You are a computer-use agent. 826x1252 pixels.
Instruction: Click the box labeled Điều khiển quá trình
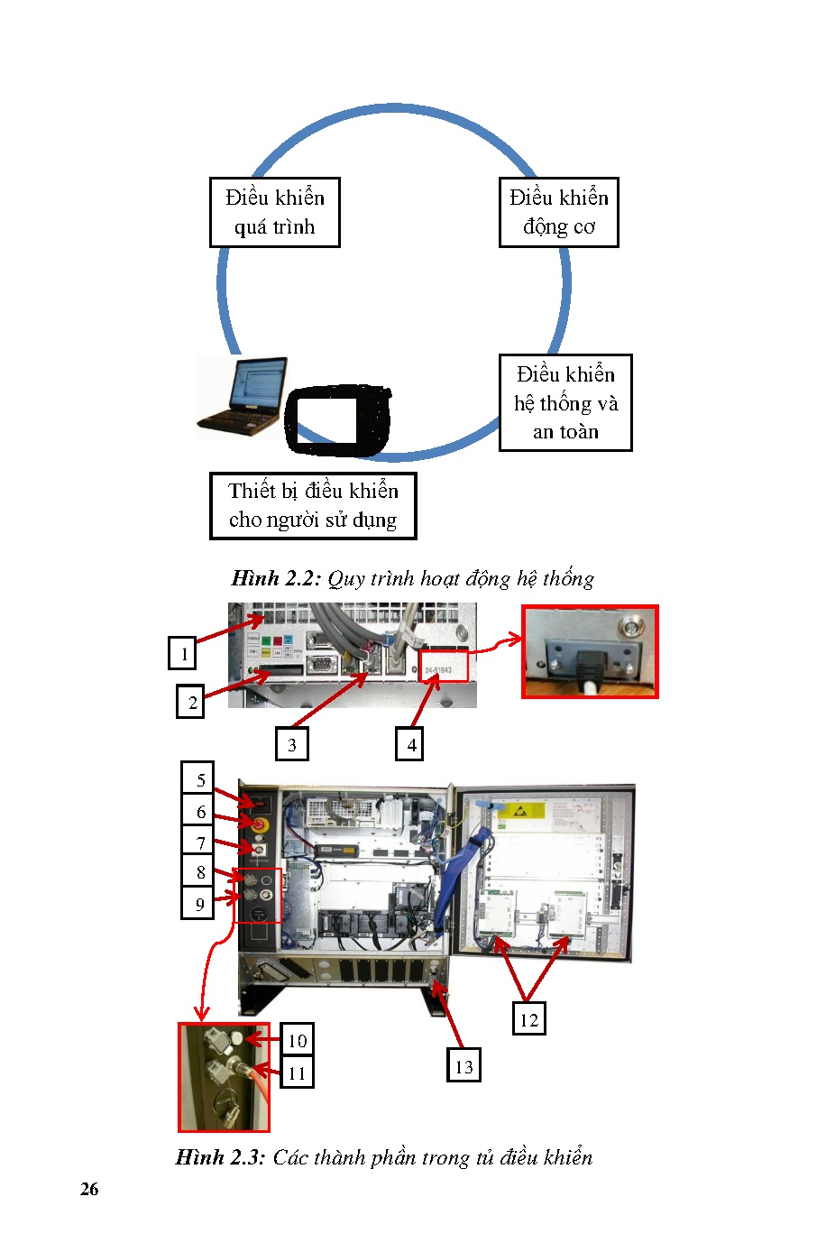coord(274,212)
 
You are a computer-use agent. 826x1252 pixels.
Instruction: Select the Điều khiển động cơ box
coord(558,212)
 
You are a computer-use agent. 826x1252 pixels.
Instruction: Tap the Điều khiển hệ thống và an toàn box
coord(565,402)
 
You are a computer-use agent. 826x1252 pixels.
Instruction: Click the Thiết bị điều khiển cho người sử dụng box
coord(313,505)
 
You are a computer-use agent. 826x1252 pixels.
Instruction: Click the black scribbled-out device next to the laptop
coord(337,419)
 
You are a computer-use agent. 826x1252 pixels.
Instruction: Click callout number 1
coord(183,653)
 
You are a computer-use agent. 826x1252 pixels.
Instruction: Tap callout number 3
coord(291,744)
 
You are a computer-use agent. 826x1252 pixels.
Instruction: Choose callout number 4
coord(410,744)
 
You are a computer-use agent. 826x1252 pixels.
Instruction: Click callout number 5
coord(199,779)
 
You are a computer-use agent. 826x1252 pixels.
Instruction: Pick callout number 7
coord(199,842)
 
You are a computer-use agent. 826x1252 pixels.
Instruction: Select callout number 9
coord(199,903)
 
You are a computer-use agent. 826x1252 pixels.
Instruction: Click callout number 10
coord(297,1040)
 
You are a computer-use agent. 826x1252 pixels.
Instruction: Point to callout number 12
coord(528,1019)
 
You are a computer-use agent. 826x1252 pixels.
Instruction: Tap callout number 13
coord(463,1066)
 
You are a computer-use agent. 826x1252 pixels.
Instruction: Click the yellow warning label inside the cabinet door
coord(523,810)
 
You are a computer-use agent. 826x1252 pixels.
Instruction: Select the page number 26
coord(89,1189)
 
